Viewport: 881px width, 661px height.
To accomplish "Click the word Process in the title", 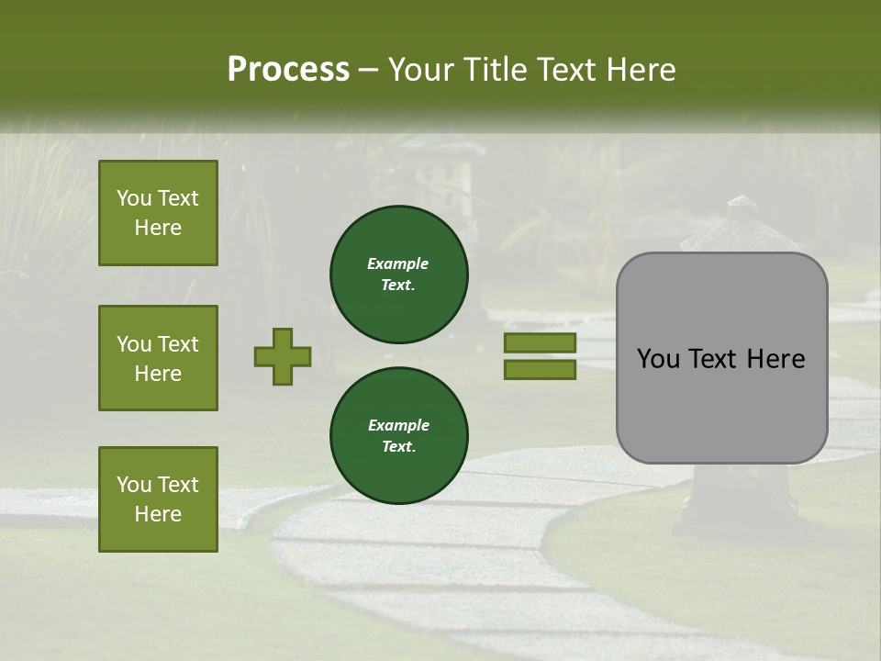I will [x=288, y=70].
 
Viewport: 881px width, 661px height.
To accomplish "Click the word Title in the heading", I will [x=492, y=70].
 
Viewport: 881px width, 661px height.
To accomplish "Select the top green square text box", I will [x=158, y=213].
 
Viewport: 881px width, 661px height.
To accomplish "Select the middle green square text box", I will [x=158, y=358].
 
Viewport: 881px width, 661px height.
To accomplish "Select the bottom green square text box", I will [x=158, y=499].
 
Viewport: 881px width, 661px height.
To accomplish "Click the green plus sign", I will [x=283, y=356].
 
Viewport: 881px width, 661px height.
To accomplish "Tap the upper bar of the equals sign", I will [x=540, y=343].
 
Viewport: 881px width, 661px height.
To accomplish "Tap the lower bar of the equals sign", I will [x=540, y=370].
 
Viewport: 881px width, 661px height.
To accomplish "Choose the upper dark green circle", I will [x=399, y=274].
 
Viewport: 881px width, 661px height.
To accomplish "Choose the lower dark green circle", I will [x=399, y=436].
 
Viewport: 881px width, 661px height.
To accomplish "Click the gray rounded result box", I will [x=721, y=358].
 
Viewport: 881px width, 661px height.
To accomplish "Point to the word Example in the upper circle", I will [x=398, y=263].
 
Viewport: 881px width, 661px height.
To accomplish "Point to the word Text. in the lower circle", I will [x=398, y=447].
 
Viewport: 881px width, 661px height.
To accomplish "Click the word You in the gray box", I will [x=657, y=359].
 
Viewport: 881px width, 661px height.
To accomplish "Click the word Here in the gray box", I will [x=775, y=359].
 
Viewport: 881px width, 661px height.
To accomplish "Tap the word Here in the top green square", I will [x=158, y=228].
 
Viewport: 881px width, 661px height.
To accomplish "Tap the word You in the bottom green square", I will [x=134, y=485].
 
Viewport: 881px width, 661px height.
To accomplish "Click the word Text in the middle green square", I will [x=176, y=344].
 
